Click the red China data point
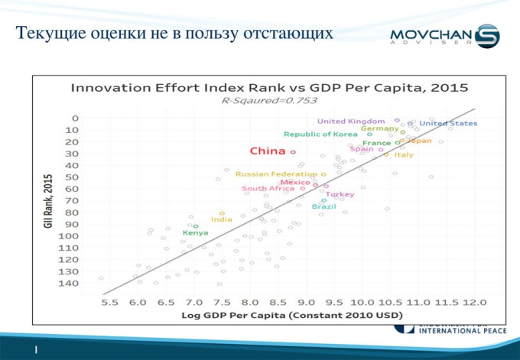[293, 151]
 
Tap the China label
[268, 151]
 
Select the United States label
[449, 123]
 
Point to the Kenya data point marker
[196, 226]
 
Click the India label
[221, 220]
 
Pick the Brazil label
[323, 206]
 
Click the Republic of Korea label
[321, 134]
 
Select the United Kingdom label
[351, 121]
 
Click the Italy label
[404, 155]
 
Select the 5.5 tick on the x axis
[109, 303]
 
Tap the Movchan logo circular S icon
[486, 37]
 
